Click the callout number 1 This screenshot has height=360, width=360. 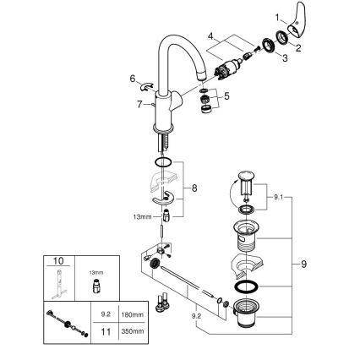click(x=276, y=16)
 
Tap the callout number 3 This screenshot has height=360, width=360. click(x=284, y=58)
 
